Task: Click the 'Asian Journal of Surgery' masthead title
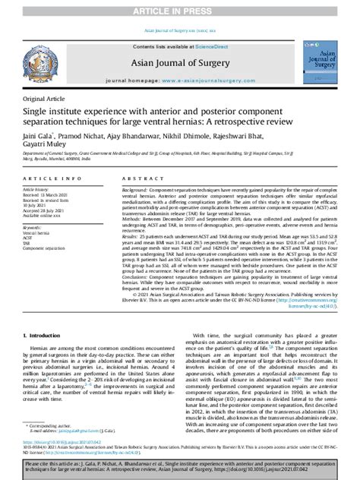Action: click(179, 62)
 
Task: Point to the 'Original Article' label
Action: click(44, 99)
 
